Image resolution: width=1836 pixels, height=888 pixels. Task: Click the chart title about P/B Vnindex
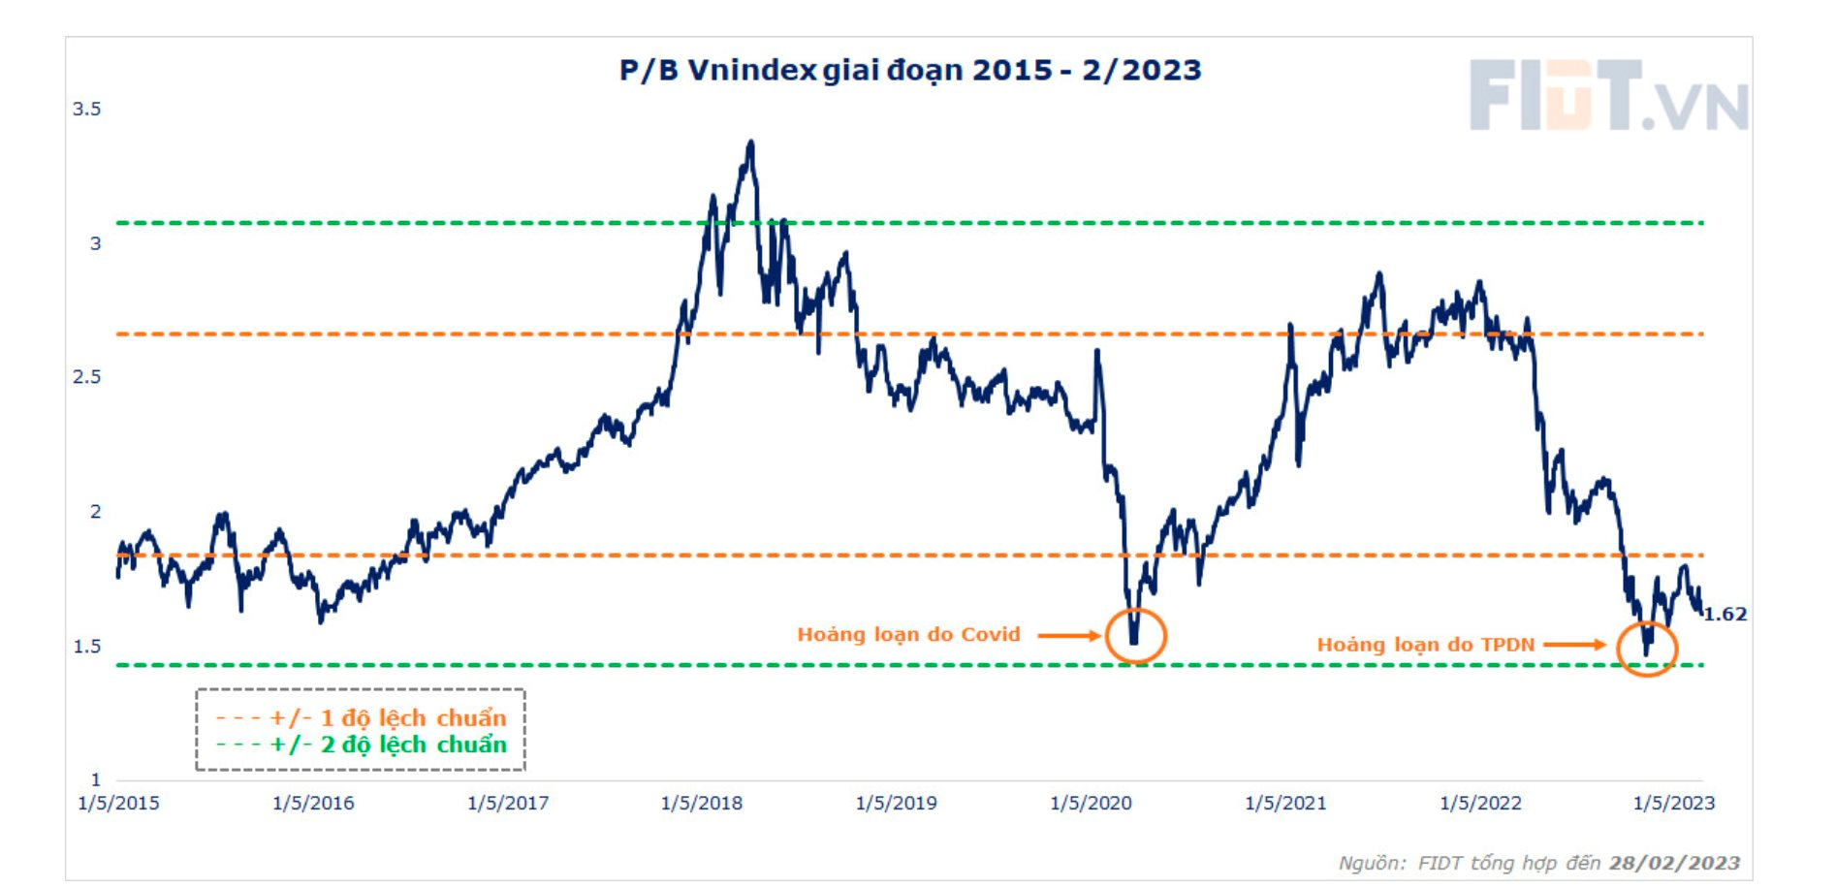(x=910, y=71)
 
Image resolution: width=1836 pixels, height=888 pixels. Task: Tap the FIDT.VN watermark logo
(x=1607, y=95)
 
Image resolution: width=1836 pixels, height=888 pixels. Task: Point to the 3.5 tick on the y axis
(x=87, y=109)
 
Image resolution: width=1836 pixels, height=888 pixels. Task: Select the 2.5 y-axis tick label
(x=87, y=377)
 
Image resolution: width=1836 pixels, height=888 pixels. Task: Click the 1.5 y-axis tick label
(x=87, y=646)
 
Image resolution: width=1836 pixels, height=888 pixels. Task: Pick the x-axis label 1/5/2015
(x=118, y=803)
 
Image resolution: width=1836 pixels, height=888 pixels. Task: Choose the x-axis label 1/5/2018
(x=702, y=803)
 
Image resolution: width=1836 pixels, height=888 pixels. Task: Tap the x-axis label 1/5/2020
(x=1091, y=803)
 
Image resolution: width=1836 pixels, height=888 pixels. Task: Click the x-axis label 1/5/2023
(x=1674, y=803)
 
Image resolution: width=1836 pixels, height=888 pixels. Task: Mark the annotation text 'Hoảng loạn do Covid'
(x=908, y=635)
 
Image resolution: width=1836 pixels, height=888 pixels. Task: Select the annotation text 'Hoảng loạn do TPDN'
(x=1425, y=645)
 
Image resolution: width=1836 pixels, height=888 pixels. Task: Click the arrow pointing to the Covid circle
(x=1069, y=636)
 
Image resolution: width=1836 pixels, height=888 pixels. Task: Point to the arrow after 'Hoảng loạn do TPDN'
(x=1574, y=645)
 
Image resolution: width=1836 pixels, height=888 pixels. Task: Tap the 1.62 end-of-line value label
(x=1725, y=614)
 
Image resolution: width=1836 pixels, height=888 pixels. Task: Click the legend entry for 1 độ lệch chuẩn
(x=361, y=718)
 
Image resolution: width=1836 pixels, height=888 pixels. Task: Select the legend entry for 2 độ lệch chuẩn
(x=361, y=745)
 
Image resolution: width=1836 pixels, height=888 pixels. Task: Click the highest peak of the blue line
(x=750, y=143)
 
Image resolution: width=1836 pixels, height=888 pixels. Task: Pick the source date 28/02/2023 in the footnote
(x=1674, y=863)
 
